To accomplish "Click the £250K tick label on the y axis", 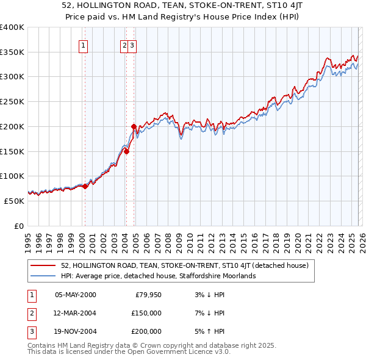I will (x=12, y=101).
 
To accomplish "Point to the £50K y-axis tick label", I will (x=14, y=201).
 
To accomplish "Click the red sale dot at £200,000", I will (x=134, y=127).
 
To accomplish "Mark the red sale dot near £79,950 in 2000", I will (x=85, y=186).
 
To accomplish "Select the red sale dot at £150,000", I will (x=126, y=152).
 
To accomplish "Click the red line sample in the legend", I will (x=43, y=265).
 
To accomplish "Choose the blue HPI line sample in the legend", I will (x=43, y=276).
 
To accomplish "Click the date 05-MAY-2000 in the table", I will (x=75, y=295).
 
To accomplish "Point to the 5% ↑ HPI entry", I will (x=212, y=331).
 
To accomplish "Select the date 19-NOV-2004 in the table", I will (x=76, y=331).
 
